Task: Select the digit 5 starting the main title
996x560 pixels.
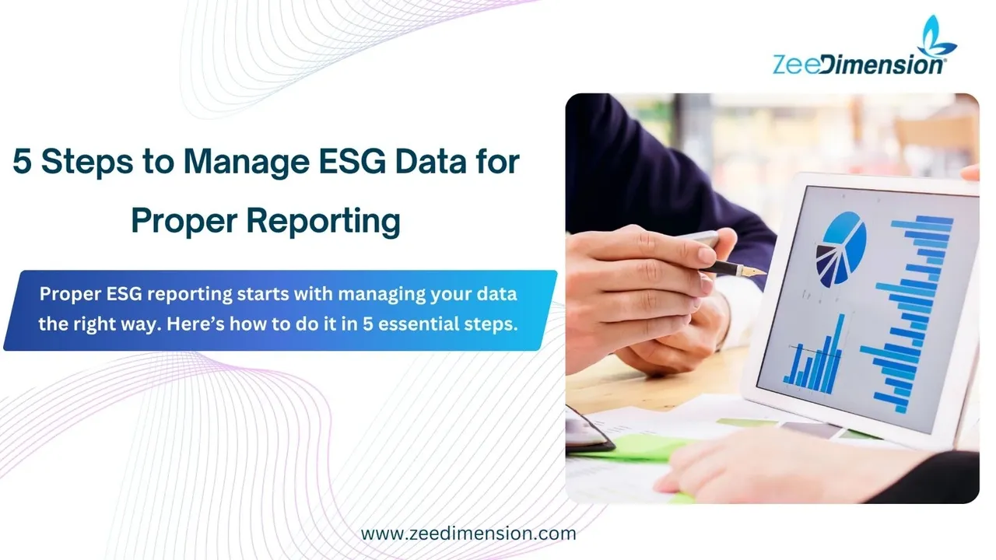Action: pos(23,161)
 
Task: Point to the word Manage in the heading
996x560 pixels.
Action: pos(247,163)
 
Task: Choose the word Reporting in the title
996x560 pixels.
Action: pos(323,222)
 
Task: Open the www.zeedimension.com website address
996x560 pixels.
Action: pos(468,534)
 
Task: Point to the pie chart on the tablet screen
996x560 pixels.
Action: pos(841,249)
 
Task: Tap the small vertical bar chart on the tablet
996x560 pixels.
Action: pos(813,355)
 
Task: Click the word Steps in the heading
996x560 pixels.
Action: pos(87,163)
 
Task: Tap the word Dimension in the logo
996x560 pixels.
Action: pos(882,65)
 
